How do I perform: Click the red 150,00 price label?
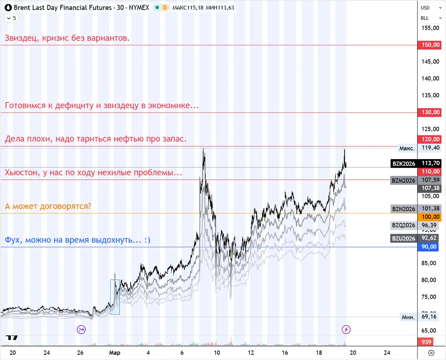(x=429, y=45)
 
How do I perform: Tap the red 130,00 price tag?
(x=429, y=112)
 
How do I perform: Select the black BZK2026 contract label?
(x=403, y=163)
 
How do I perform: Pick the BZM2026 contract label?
(x=403, y=180)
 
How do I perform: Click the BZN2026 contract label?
(x=403, y=209)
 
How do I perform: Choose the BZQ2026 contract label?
(x=403, y=225)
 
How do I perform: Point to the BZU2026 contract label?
(x=403, y=238)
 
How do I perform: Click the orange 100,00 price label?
(x=429, y=217)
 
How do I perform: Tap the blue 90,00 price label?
(x=429, y=247)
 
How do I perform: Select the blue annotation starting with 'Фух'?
(x=78, y=240)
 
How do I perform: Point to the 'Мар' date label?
(x=115, y=353)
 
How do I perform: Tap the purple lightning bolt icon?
(x=346, y=329)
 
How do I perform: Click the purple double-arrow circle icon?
(x=81, y=329)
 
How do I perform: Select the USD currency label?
(x=425, y=8)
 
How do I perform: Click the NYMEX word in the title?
(x=139, y=8)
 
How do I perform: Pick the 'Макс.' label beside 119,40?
(x=407, y=149)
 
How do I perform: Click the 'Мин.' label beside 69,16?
(x=408, y=317)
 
